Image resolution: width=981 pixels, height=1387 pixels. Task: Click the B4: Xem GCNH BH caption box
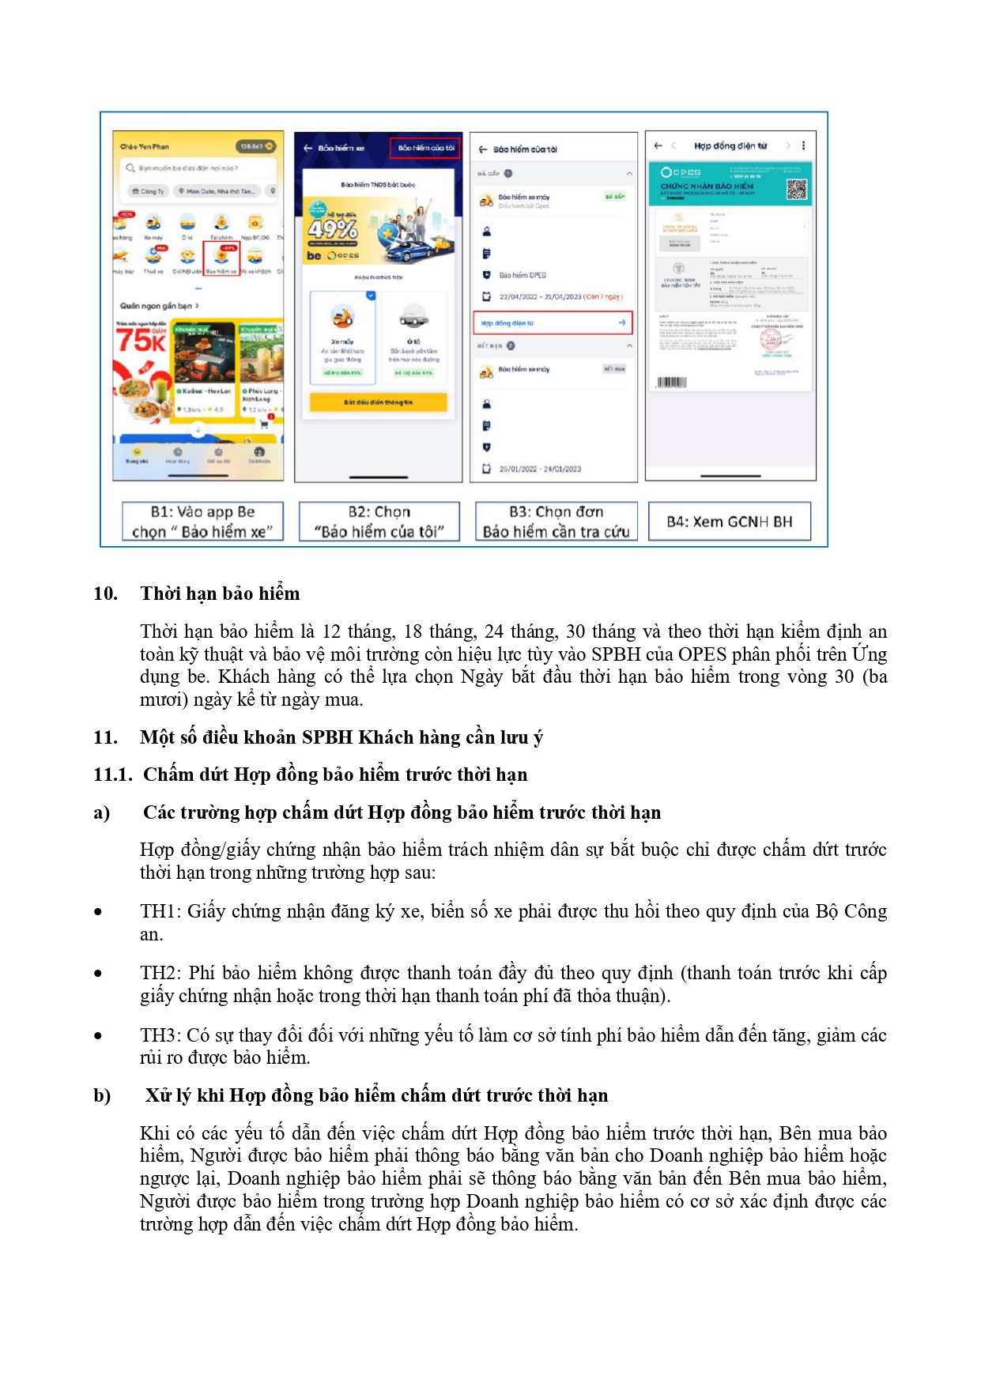coord(729,522)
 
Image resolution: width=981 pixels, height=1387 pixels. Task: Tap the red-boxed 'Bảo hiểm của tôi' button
coord(424,148)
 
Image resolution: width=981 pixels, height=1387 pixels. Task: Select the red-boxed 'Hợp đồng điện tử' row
coord(553,322)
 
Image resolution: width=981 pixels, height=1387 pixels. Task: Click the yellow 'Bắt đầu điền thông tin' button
coord(378,402)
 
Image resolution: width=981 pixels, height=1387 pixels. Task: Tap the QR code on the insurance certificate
coord(796,189)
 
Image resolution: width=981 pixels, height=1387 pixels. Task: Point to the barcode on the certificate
coord(672,383)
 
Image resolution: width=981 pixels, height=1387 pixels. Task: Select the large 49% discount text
coord(333,229)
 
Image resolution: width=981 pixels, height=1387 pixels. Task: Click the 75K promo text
coord(140,341)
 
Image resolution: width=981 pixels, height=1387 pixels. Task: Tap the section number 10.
coord(105,594)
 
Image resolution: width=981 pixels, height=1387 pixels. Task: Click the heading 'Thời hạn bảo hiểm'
coord(220,594)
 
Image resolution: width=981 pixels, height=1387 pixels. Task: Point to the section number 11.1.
coord(112,775)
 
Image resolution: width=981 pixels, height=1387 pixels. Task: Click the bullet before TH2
coord(98,974)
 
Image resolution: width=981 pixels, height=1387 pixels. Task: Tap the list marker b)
coord(102,1095)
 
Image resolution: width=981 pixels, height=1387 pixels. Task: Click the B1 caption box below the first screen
coord(202,522)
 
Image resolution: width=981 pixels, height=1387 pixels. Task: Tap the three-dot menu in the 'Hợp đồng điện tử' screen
coord(803,145)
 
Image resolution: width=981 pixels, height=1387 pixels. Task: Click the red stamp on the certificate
coord(771,341)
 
